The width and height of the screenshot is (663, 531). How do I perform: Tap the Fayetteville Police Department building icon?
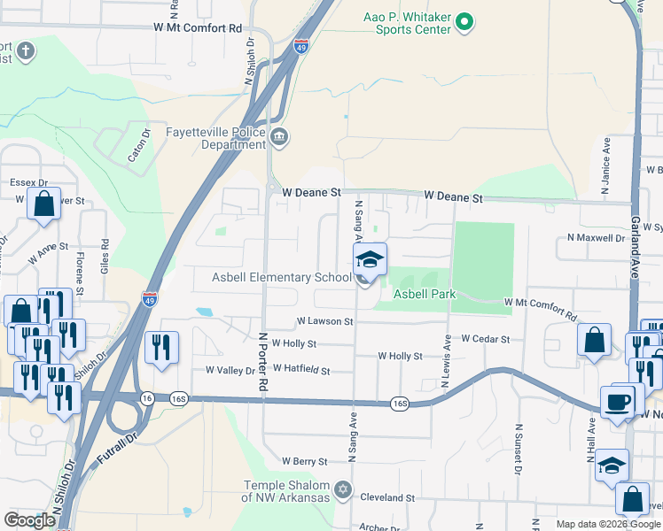(280, 136)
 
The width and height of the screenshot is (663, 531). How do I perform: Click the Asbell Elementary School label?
(282, 278)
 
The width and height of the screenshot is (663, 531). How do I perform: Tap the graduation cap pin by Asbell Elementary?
(370, 258)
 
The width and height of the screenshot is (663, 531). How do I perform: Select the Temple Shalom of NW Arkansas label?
(285, 491)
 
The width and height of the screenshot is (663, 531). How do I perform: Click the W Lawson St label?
(325, 322)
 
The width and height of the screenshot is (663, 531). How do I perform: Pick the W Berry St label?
(305, 461)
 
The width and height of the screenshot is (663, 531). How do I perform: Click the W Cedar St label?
(486, 339)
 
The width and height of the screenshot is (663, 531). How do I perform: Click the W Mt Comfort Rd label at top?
(198, 28)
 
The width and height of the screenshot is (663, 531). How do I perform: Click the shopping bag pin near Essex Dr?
(44, 204)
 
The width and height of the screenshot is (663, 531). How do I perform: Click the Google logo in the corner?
(29, 520)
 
